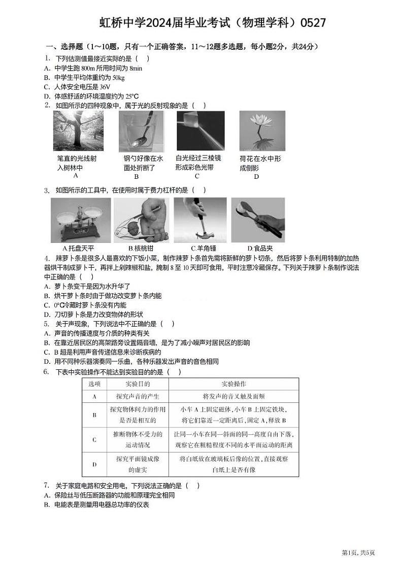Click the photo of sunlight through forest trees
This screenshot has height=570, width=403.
tap(75, 131)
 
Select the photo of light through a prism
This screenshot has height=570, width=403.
tap(200, 131)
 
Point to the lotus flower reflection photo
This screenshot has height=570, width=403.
tap(262, 131)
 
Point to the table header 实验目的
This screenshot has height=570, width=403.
tap(138, 384)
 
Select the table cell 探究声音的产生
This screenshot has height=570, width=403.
tap(138, 397)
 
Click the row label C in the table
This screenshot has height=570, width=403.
tap(94, 440)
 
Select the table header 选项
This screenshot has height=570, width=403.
tap(94, 384)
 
